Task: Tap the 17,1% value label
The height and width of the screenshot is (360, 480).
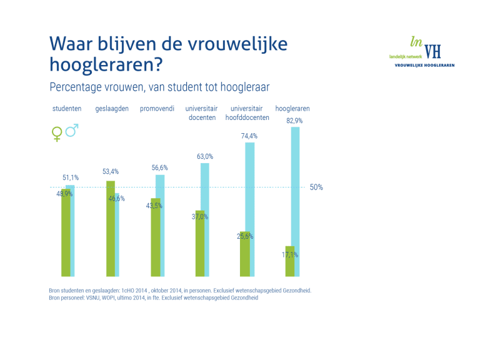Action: pos(289,254)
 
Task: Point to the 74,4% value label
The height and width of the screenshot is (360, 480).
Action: pos(249,136)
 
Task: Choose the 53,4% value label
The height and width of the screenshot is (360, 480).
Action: pos(111,171)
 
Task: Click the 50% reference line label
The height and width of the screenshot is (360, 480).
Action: pos(316,187)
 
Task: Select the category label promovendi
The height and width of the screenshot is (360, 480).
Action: pos(157,109)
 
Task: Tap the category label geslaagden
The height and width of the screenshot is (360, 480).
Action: pos(112,109)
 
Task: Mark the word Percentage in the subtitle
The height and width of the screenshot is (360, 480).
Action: pos(72,86)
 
